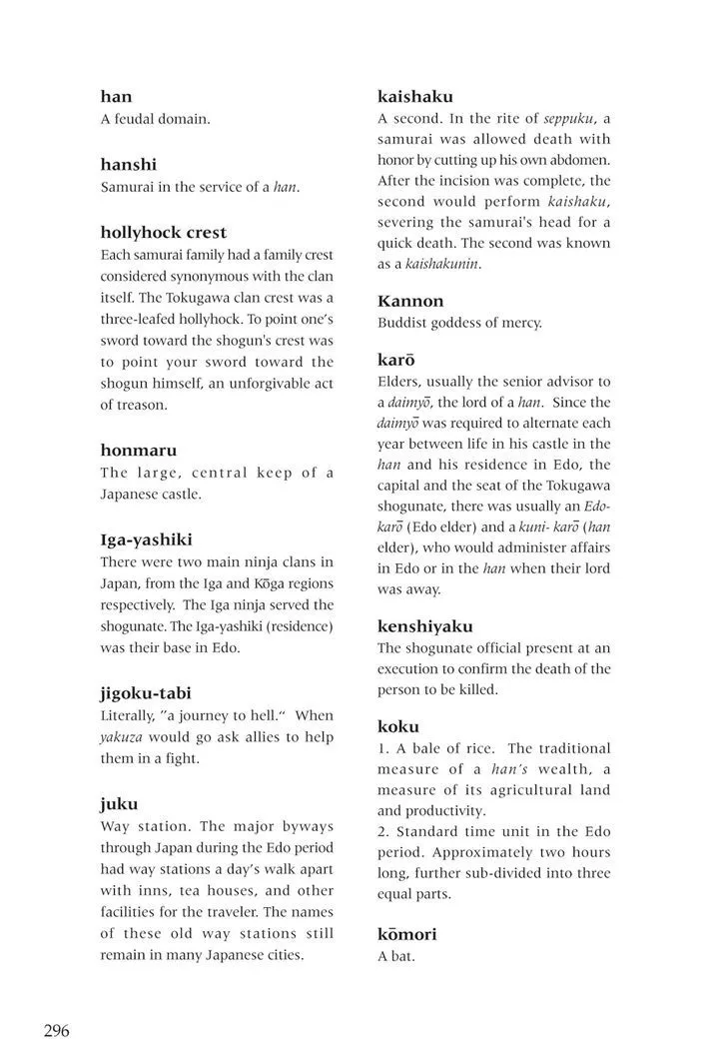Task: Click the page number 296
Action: coord(56,1031)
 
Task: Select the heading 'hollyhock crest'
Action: coord(164,233)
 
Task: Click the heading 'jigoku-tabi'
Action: coord(146,692)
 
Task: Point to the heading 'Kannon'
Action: coord(410,301)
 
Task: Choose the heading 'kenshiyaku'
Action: coord(424,626)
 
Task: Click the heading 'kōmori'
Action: coord(406,934)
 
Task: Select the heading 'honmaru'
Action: coord(138,450)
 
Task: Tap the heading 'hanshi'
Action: coord(129,164)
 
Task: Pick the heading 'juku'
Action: coord(119,803)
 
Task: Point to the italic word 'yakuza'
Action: coord(121,737)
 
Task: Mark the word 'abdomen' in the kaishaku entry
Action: coord(578,160)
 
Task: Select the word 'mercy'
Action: coord(521,323)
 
